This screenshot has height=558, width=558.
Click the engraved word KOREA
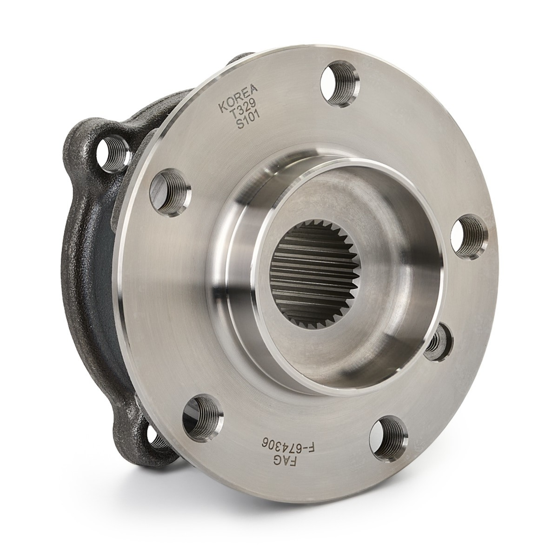point(238,98)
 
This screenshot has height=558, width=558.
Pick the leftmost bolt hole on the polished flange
point(170,192)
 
